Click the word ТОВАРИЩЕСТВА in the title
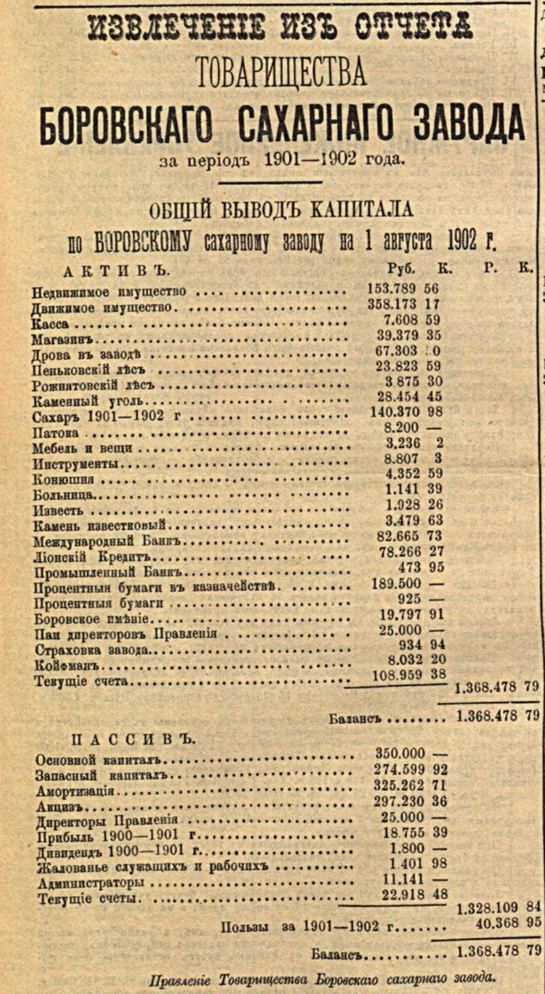282,73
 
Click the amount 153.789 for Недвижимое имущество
392,289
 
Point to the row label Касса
51,322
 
